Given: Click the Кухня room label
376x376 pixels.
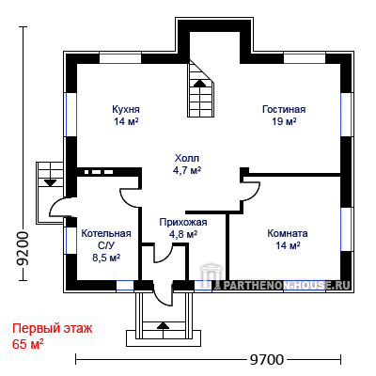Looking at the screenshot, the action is coord(126,109).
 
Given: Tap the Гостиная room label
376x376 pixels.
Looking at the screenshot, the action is coord(284,109).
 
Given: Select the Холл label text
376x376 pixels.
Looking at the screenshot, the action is coord(187,158).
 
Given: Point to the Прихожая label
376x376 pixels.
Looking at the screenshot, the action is coord(183,222).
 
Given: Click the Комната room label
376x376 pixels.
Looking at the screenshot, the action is coord(288,233).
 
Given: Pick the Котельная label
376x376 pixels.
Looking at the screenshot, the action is coord(106,233).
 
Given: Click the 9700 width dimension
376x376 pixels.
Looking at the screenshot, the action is coord(267,359).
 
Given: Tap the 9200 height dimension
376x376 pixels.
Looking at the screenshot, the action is coord(23,249).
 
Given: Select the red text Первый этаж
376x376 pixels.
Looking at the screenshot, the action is coord(53,329).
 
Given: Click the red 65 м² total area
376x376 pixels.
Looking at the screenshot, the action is coord(28,344).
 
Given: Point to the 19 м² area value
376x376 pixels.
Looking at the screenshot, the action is coord(284,121).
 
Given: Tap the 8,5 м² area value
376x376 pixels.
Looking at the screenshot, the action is coord(106,258).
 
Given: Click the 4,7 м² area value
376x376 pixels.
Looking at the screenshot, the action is coord(187,170).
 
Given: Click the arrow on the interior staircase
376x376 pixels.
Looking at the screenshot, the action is coord(199,83).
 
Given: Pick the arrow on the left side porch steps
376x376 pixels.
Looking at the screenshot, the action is coord(50,182).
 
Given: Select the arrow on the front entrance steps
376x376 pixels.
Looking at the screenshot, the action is coord(163,325).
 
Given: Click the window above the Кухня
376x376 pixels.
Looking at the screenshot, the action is coord(120,58).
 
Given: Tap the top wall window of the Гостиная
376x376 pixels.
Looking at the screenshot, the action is coord(305,58).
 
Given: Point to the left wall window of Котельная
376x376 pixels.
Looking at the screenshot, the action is coord(71,241).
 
